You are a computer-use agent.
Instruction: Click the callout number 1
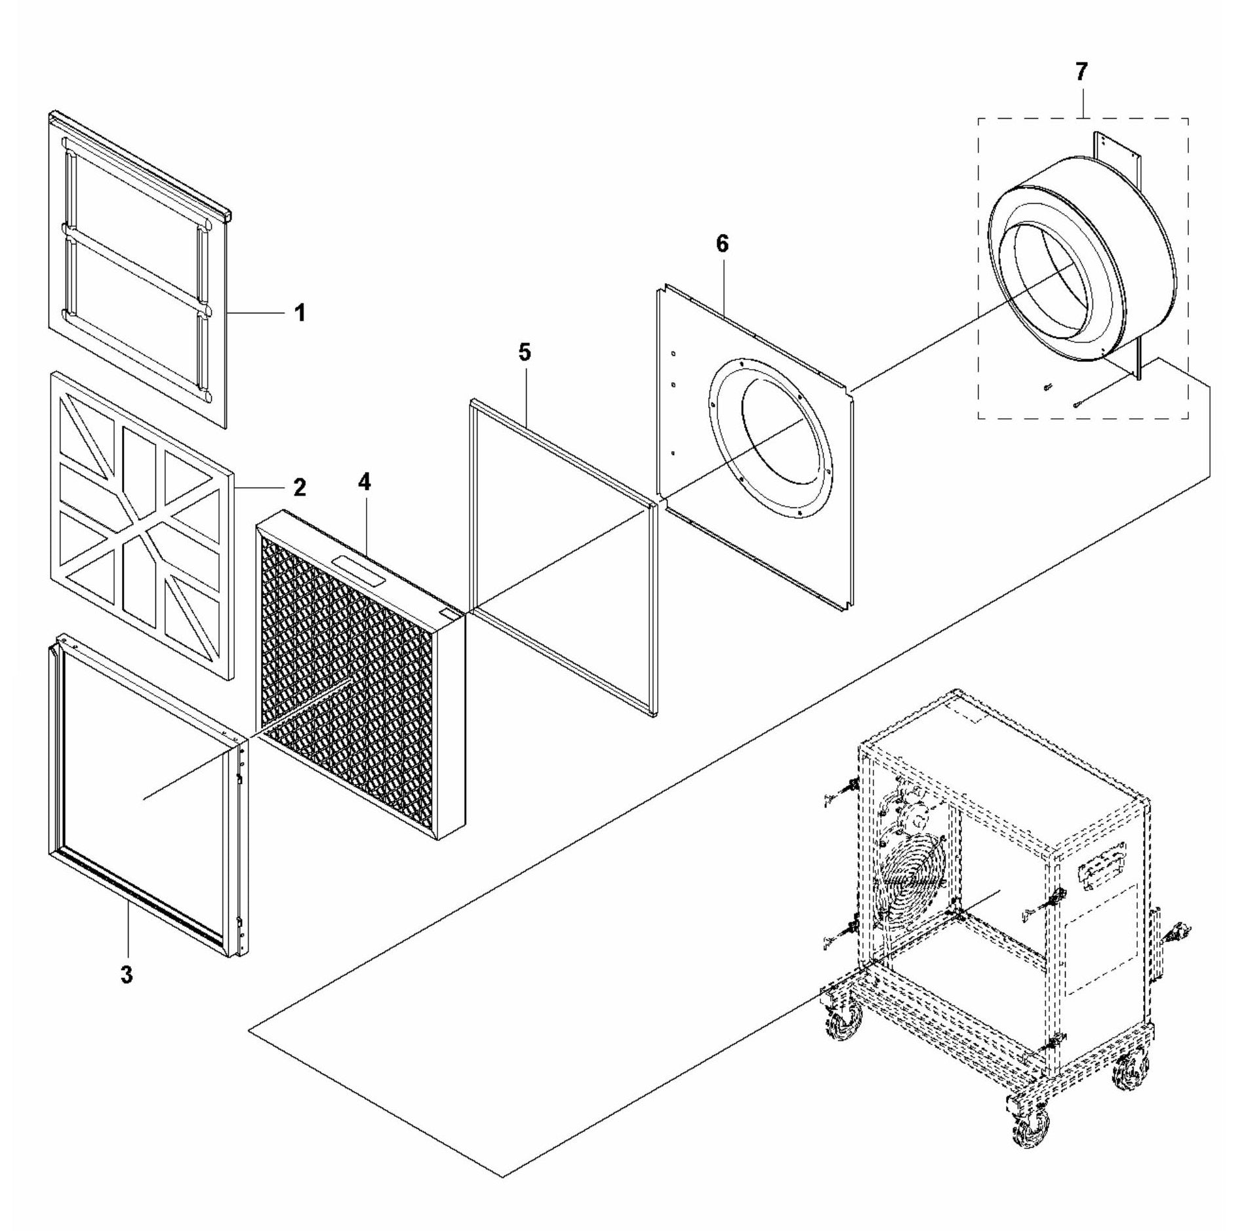coord(300,313)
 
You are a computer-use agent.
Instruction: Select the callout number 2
coord(299,487)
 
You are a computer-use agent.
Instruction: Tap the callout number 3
coord(127,974)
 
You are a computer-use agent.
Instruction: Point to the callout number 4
coord(364,482)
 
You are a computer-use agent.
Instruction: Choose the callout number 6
coord(722,244)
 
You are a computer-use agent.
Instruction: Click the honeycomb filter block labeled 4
coord(361,675)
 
